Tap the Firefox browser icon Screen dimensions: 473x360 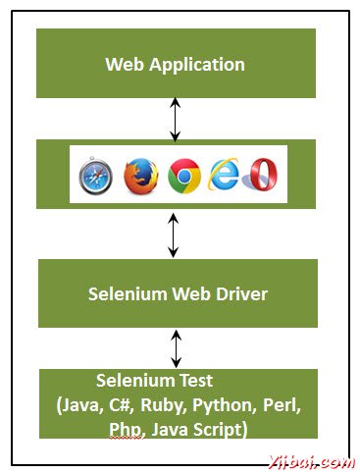click(139, 175)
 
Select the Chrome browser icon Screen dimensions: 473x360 click(183, 175)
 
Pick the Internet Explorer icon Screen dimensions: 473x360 click(226, 175)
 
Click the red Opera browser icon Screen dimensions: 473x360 click(263, 175)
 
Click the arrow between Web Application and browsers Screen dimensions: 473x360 click(175, 118)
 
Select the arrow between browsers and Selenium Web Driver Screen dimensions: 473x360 click(175, 234)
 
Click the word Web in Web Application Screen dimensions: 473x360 click(123, 65)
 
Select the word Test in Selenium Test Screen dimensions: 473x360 click(191, 379)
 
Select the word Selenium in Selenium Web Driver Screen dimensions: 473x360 click(128, 293)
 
